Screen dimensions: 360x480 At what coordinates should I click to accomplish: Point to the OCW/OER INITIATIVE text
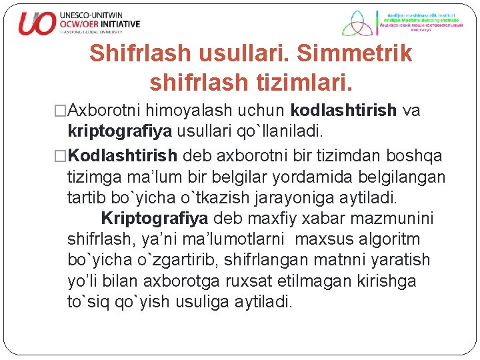100,23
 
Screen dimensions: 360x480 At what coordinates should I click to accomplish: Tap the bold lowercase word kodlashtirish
343,110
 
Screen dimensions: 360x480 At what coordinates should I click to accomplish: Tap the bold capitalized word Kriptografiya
155,218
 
